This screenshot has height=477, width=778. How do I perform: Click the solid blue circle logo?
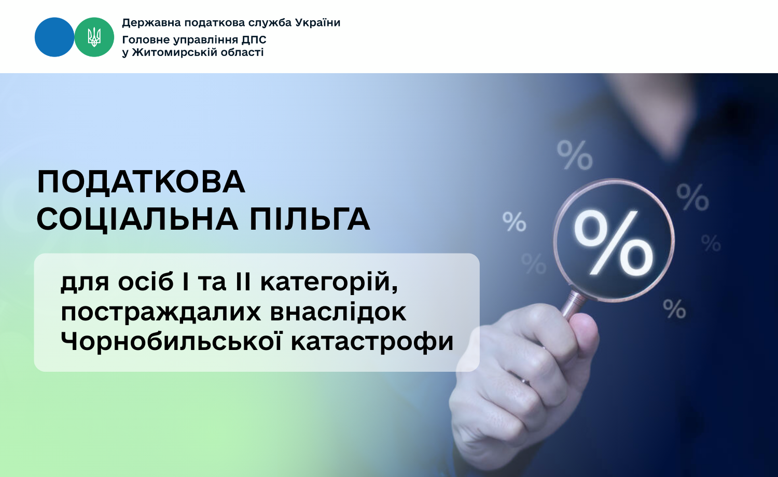coord(54,37)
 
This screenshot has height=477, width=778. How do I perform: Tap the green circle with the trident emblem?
coord(94,37)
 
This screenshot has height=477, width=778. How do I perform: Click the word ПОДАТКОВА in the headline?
coord(142,182)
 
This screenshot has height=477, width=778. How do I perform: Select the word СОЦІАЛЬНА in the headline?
coord(137,219)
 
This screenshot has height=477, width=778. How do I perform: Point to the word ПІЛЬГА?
coord(310,219)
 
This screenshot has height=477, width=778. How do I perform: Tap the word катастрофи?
coord(372,342)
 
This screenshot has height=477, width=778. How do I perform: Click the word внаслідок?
coord(338,312)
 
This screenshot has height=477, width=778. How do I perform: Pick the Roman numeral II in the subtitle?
coord(243,282)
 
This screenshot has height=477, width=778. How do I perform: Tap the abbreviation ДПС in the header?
coord(254,40)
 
